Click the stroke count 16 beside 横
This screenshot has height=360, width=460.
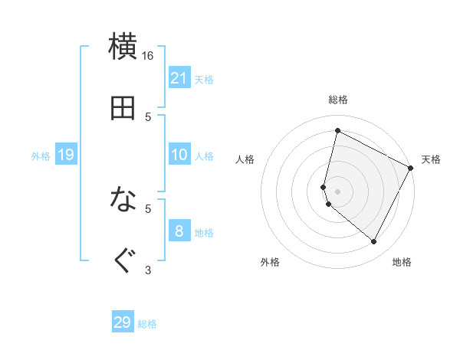[x=148, y=56]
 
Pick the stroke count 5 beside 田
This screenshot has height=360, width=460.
[x=148, y=116]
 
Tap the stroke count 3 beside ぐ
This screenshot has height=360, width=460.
[x=148, y=269]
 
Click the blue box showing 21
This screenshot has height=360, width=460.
[x=179, y=78]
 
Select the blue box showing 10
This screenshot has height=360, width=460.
[x=179, y=155]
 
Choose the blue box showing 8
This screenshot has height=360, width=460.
[x=179, y=231]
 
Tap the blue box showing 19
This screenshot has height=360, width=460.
[x=66, y=155]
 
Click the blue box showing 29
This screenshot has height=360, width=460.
[x=123, y=322]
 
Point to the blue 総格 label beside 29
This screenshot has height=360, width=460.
[x=148, y=324]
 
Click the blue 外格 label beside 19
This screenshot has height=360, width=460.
[x=41, y=156]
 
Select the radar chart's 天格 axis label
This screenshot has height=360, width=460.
[x=431, y=159]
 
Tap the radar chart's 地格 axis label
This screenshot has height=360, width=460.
[x=402, y=262]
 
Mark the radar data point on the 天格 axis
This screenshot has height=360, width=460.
[x=411, y=168]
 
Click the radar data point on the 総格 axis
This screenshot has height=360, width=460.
[x=337, y=131]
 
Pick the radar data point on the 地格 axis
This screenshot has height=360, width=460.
[x=373, y=241]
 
